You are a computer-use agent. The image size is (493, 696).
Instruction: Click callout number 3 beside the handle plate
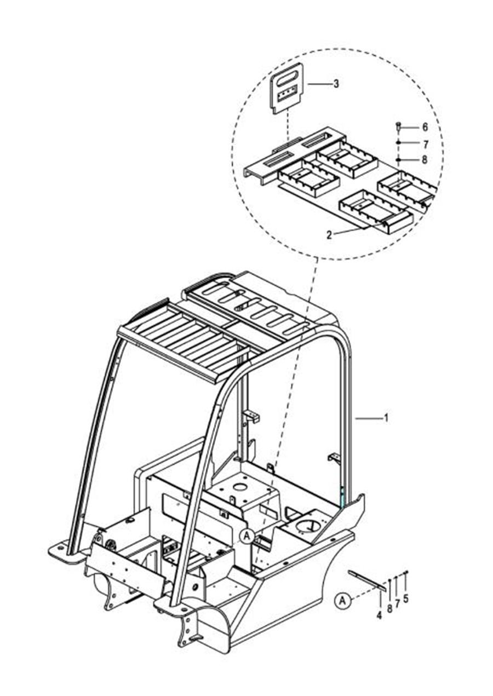point(336,84)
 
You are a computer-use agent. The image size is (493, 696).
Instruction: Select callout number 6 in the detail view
point(425,127)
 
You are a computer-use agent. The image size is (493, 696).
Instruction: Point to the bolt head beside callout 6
point(399,126)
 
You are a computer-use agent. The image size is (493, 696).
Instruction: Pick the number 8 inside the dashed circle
point(425,160)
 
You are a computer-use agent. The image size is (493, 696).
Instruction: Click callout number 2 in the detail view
point(329,235)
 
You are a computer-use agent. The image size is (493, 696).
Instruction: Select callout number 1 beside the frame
point(386,418)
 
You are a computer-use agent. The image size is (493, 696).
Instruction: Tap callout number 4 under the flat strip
point(379,615)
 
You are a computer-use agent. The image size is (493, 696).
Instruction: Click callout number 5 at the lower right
point(405,599)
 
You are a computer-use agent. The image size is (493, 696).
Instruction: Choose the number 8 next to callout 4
point(389,608)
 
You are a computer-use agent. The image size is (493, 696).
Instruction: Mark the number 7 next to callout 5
point(397,603)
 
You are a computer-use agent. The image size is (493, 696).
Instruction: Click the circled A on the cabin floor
point(248,536)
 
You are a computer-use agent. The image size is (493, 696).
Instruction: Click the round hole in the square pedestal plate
point(239,486)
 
